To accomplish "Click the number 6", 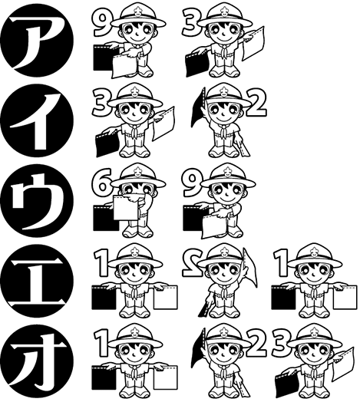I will [102, 185].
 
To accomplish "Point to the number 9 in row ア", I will [99, 22].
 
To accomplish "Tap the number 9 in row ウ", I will [193, 183].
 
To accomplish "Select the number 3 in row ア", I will [192, 22].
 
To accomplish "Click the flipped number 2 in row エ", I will [190, 264].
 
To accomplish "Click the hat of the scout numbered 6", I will [138, 173].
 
